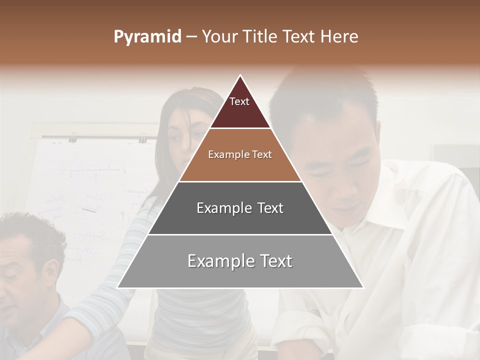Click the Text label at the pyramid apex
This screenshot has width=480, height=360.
pos(239,101)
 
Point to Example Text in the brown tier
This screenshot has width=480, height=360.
pos(240,154)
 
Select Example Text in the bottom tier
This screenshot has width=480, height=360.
pos(240,261)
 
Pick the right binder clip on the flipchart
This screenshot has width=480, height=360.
pos(143,137)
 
